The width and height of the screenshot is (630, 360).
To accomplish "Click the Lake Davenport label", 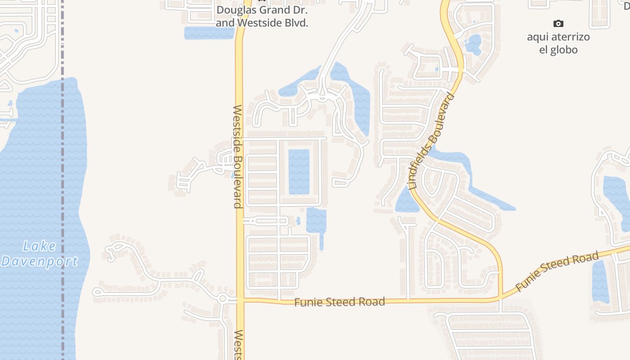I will pyautogui.click(x=40, y=253).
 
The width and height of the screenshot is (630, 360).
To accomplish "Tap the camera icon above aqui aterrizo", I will pyautogui.click(x=558, y=23).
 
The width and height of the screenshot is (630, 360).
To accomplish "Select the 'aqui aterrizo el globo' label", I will pyautogui.click(x=558, y=43).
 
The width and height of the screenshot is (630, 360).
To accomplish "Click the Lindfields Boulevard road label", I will pyautogui.click(x=432, y=141).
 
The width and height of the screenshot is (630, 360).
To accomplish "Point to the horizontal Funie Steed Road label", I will pyautogui.click(x=340, y=301).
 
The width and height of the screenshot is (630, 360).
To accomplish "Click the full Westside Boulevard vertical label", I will pyautogui.click(x=238, y=157).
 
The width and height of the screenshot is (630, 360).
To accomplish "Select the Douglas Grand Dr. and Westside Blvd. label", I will pyautogui.click(x=262, y=17).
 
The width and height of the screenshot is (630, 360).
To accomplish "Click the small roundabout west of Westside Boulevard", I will pyautogui.click(x=222, y=298).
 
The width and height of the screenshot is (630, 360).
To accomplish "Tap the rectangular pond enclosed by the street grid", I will pyautogui.click(x=299, y=171).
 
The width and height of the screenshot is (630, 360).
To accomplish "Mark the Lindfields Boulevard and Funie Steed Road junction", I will pyautogui.click(x=500, y=299).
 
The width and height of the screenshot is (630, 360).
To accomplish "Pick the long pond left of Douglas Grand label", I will pyautogui.click(x=209, y=33).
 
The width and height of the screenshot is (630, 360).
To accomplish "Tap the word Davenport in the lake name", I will pyautogui.click(x=40, y=261).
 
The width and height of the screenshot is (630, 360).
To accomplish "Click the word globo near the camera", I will pyautogui.click(x=558, y=49).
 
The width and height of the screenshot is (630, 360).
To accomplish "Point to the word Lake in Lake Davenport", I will pyautogui.click(x=40, y=246).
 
